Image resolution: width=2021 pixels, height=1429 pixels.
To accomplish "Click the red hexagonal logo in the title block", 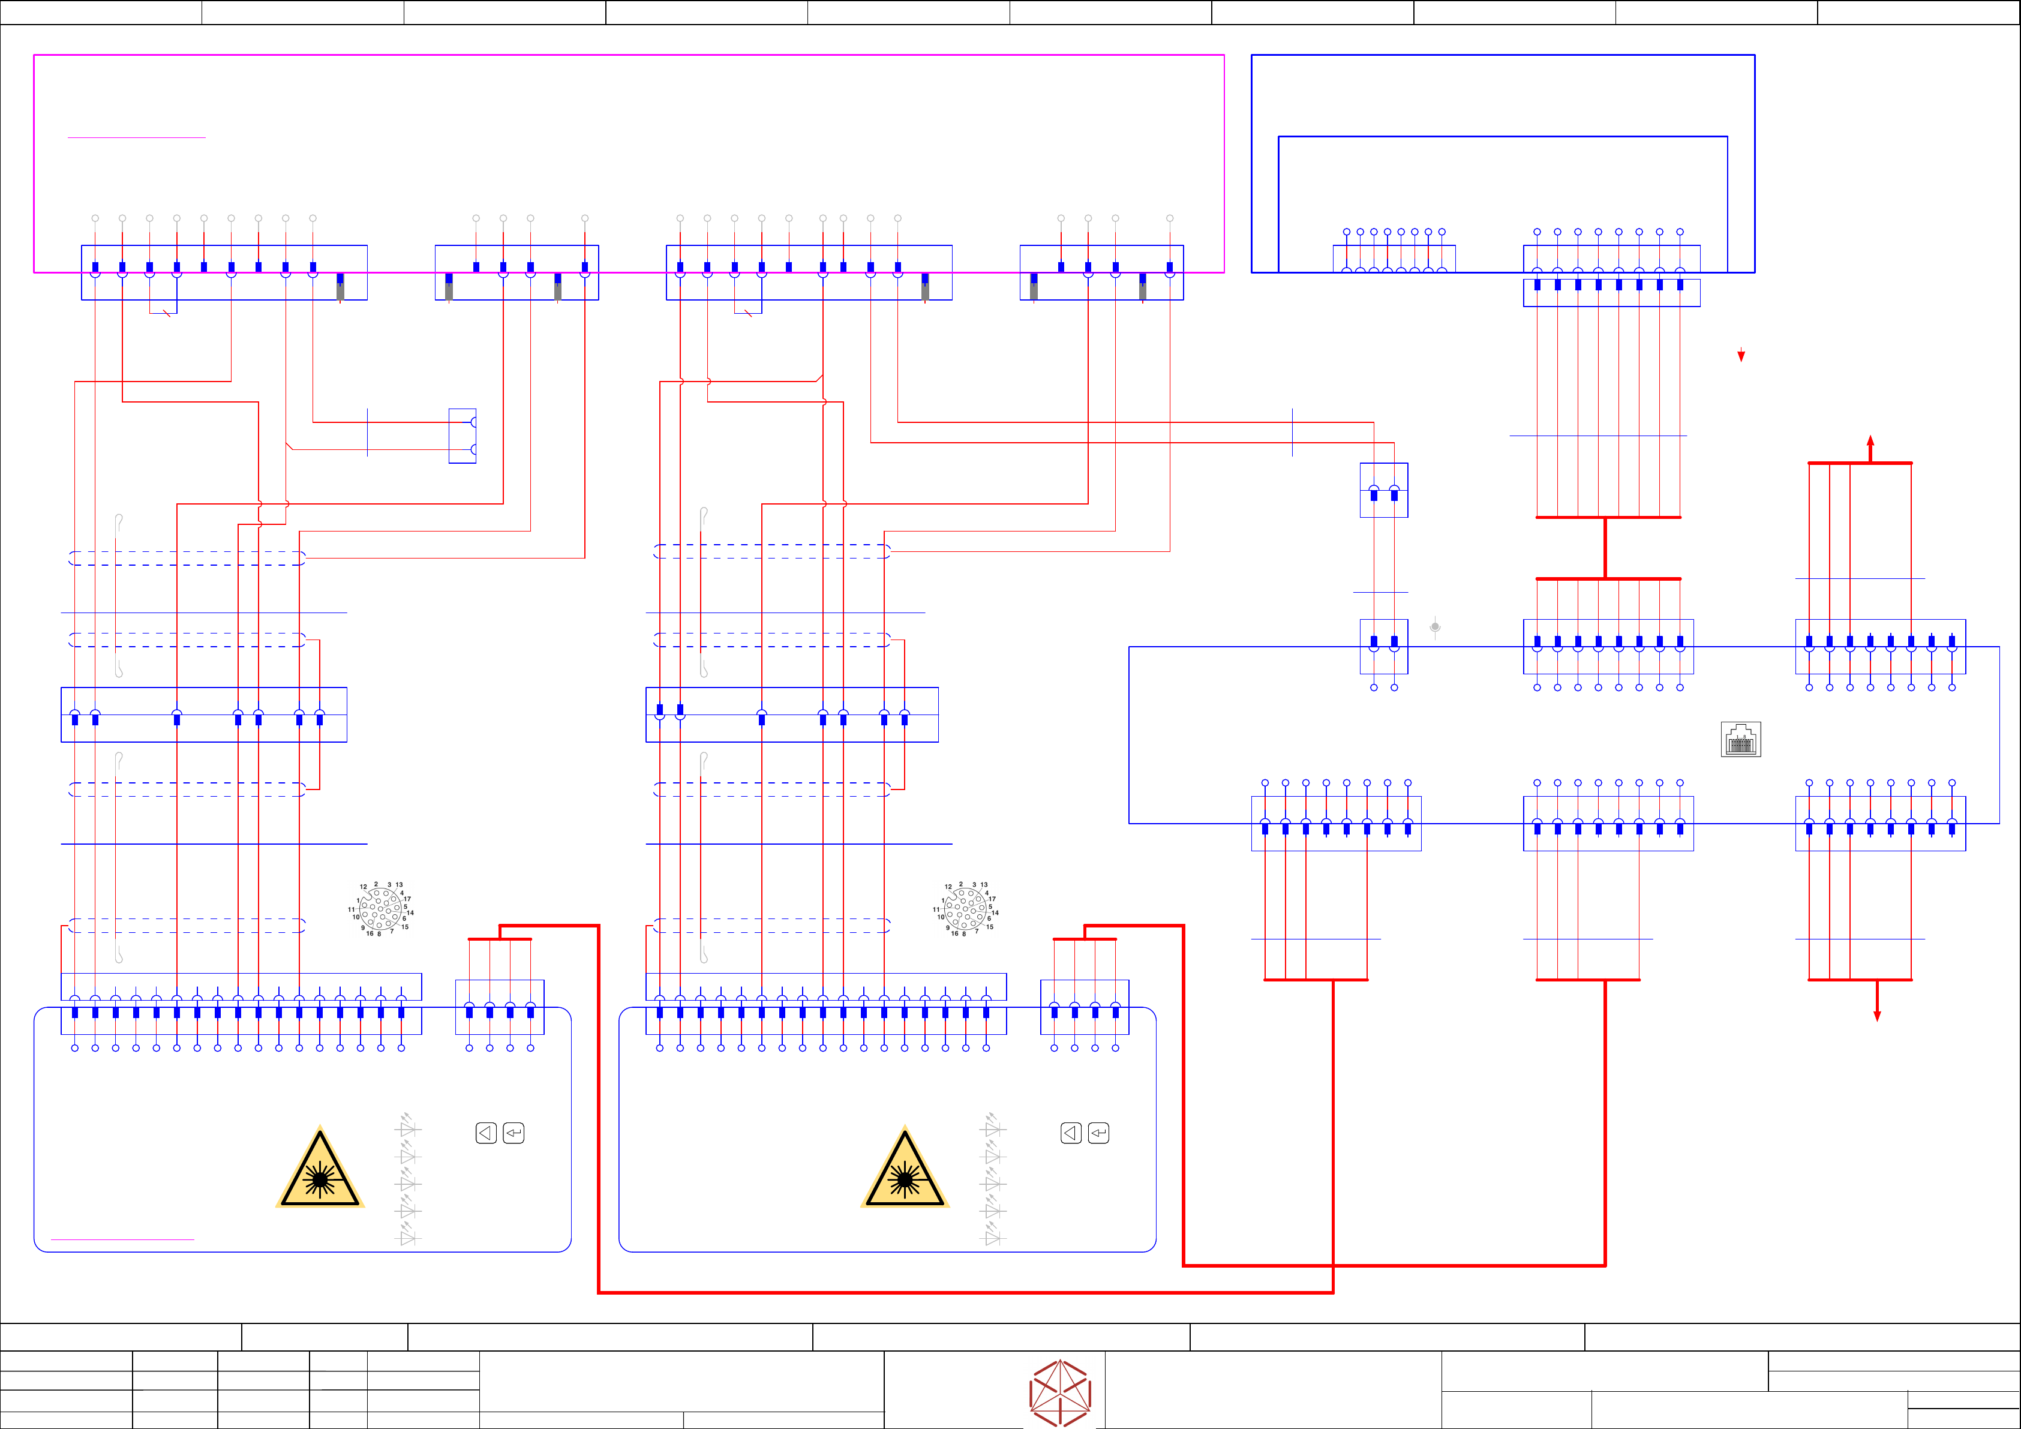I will coord(1060,1393).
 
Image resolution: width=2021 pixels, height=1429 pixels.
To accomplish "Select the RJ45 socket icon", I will coord(1740,740).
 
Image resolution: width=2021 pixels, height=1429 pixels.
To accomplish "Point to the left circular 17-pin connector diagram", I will coord(381,909).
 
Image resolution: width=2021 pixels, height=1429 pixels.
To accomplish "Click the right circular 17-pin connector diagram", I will coord(966,909).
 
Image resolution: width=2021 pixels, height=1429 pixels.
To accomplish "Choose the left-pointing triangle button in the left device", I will coord(486,1133).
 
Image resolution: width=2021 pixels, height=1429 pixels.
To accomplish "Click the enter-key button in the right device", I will coord(1098,1133).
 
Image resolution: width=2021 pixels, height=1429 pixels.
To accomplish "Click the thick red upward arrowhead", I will coord(1870,441).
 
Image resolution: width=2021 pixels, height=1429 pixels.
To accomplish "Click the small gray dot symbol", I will coord(1435,627).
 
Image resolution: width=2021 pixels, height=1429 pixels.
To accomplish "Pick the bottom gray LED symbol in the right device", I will coord(992,1236).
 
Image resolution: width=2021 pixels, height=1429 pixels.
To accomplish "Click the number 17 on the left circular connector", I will coord(407,899).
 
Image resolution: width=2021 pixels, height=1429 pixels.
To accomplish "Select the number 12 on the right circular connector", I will coord(948,887).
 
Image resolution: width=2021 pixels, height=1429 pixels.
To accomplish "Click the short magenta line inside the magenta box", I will coord(136,137).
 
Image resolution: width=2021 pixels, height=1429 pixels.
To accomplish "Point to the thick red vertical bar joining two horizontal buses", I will coord(1605,548).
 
